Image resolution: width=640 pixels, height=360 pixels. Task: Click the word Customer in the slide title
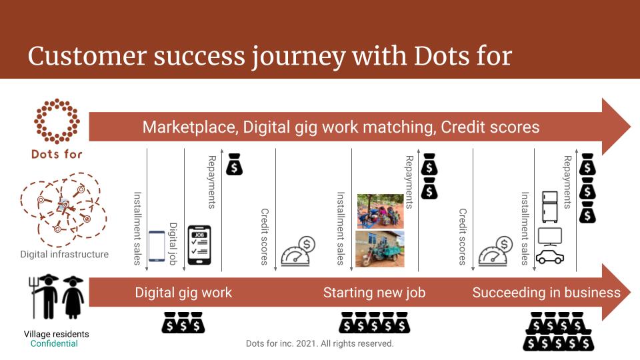coord(87,56)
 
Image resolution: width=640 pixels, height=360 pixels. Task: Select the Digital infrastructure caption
coord(65,254)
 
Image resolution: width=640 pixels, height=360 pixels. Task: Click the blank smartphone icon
coord(157,246)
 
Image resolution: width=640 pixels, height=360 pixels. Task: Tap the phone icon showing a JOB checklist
coord(199,245)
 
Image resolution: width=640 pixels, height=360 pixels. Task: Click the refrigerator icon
coord(550,207)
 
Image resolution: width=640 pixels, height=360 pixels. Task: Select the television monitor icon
coord(550,237)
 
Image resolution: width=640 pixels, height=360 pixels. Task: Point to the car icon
coord(550,257)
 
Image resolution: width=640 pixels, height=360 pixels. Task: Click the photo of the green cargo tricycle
coord(379,249)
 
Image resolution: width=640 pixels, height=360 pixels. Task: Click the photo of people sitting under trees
coord(381,211)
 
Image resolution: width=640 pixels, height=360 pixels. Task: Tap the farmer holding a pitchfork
coord(45,296)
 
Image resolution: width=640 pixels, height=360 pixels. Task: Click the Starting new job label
coord(374,293)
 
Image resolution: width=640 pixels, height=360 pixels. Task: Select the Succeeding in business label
coord(546,293)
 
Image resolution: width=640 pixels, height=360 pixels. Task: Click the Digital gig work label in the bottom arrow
coord(183,293)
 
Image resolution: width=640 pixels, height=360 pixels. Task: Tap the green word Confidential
coord(54,344)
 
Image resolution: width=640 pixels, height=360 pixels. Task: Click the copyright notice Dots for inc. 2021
coord(319,344)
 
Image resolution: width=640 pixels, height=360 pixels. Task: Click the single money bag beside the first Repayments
coord(234,164)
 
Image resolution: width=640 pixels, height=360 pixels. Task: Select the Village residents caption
coord(56,334)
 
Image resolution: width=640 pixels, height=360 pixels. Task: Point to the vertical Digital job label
coord(173,244)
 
